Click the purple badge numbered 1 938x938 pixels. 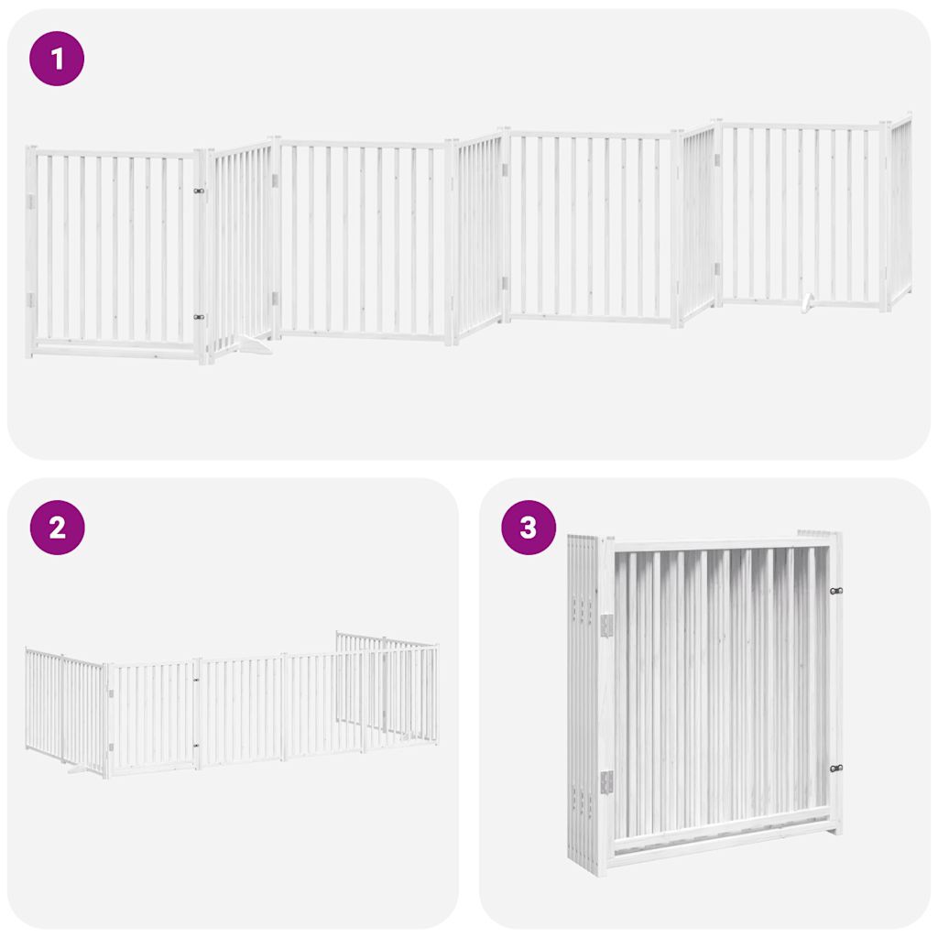pyautogui.click(x=57, y=60)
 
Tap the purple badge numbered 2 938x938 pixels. pyautogui.click(x=57, y=528)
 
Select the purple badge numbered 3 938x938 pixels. pyautogui.click(x=529, y=528)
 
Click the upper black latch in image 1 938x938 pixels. pyautogui.click(x=199, y=191)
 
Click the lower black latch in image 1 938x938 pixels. pyautogui.click(x=199, y=317)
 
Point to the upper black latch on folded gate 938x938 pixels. pyautogui.click(x=834, y=591)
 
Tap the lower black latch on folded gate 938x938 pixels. pyautogui.click(x=834, y=769)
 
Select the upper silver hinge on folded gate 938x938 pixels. pyautogui.click(x=606, y=625)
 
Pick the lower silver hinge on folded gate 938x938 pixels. pyautogui.click(x=606, y=781)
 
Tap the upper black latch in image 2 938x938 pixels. pyautogui.click(x=196, y=681)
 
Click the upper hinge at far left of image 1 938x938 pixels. pyautogui.click(x=30, y=201)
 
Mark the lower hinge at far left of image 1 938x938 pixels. pyautogui.click(x=30, y=300)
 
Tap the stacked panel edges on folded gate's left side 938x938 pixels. pyautogui.click(x=581, y=696)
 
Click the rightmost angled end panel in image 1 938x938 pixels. pyautogui.click(x=900, y=211)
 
